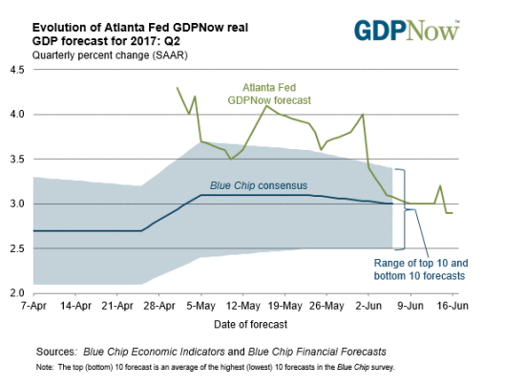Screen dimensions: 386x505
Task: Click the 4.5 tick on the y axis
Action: click(17, 70)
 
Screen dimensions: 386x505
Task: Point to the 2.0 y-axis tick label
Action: click(17, 293)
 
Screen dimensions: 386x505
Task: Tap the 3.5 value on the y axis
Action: click(17, 160)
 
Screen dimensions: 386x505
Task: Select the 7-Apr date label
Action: click(33, 308)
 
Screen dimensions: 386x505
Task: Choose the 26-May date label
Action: click(326, 308)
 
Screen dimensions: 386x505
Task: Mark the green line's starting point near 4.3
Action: click(177, 87)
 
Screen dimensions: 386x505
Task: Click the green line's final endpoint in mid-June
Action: click(452, 213)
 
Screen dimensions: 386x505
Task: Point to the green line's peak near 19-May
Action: click(266, 105)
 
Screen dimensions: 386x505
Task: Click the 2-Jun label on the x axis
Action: click(368, 308)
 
